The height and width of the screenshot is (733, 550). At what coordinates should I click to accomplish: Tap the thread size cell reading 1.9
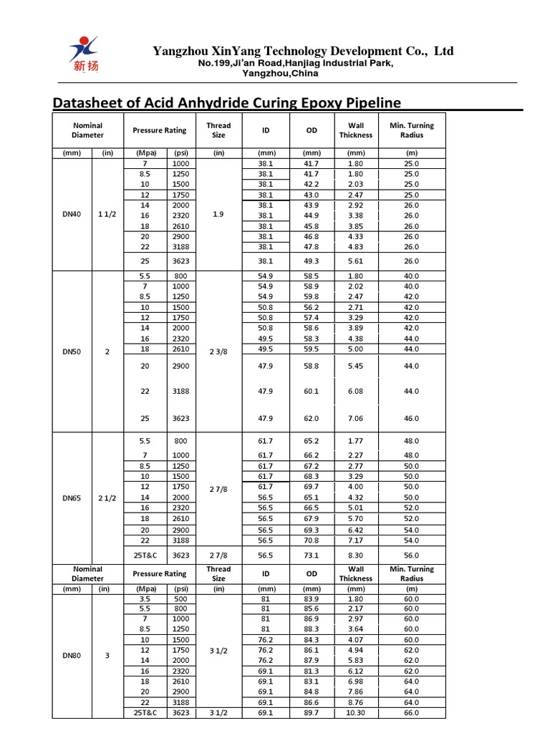click(218, 215)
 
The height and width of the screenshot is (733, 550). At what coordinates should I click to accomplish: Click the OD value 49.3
click(312, 261)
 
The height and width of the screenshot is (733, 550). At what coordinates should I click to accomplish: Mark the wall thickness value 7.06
click(355, 417)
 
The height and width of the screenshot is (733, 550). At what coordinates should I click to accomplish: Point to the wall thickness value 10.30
click(355, 713)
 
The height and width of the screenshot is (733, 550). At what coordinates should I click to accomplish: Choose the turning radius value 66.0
click(411, 713)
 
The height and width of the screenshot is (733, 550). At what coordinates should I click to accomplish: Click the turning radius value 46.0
click(411, 417)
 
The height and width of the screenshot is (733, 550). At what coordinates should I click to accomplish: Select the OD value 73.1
click(312, 554)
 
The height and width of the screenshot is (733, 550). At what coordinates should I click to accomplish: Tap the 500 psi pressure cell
click(177, 598)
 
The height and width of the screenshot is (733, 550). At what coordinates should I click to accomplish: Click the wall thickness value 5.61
click(355, 261)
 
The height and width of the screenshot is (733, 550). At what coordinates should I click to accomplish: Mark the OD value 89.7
click(312, 713)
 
